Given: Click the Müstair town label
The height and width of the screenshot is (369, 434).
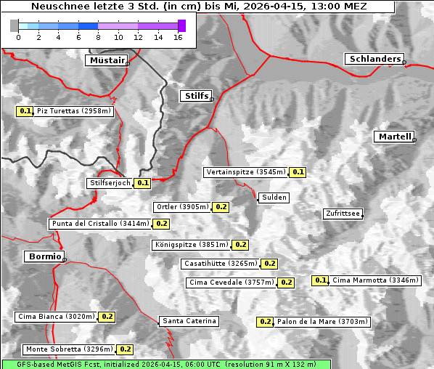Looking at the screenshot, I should click(106, 60).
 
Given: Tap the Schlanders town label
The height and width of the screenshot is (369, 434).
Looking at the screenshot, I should click(374, 59).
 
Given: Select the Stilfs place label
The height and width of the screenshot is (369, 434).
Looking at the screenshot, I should click(196, 96).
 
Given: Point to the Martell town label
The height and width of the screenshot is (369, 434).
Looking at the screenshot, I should click(394, 137).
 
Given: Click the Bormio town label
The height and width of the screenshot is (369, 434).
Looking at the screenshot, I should click(44, 256).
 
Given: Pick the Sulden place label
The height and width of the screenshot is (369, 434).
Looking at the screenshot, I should click(274, 198).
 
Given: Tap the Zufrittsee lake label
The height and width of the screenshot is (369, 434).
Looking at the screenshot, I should click(343, 214).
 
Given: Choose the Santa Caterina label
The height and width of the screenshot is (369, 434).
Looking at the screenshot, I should click(189, 321).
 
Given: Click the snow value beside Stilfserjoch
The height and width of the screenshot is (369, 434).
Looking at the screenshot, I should click(142, 183).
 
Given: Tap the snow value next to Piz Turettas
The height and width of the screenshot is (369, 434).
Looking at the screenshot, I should click(25, 111).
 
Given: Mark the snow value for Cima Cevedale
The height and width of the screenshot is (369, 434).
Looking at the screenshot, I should click(286, 283).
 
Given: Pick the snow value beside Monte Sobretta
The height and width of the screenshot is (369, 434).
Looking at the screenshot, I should click(126, 349).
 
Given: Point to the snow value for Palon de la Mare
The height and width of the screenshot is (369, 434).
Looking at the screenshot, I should click(265, 321).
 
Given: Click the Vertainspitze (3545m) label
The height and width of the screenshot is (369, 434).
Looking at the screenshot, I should click(245, 172).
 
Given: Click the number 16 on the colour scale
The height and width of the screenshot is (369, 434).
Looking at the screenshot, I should click(178, 37).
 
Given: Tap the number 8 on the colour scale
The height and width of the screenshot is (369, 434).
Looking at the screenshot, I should click(97, 37).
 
